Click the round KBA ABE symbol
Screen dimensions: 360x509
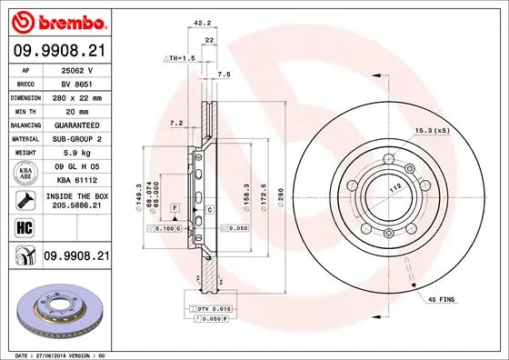click(x=25, y=172)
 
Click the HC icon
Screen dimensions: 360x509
click(x=25, y=228)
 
